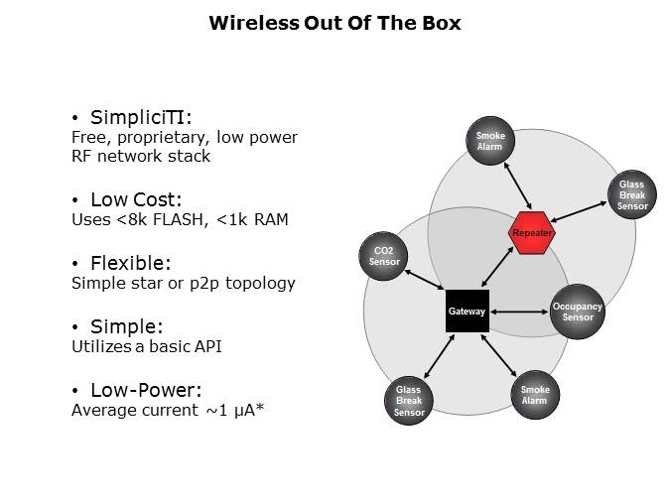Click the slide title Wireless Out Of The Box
(x=334, y=23)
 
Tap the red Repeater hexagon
(x=531, y=232)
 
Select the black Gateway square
(x=467, y=311)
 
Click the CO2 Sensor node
(x=384, y=256)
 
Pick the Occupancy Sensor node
(x=577, y=312)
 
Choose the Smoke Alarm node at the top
(x=490, y=141)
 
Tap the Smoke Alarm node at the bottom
(x=534, y=395)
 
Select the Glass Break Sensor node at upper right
(x=632, y=194)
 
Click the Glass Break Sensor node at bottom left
(x=409, y=400)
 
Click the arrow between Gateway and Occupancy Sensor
(x=519, y=312)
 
